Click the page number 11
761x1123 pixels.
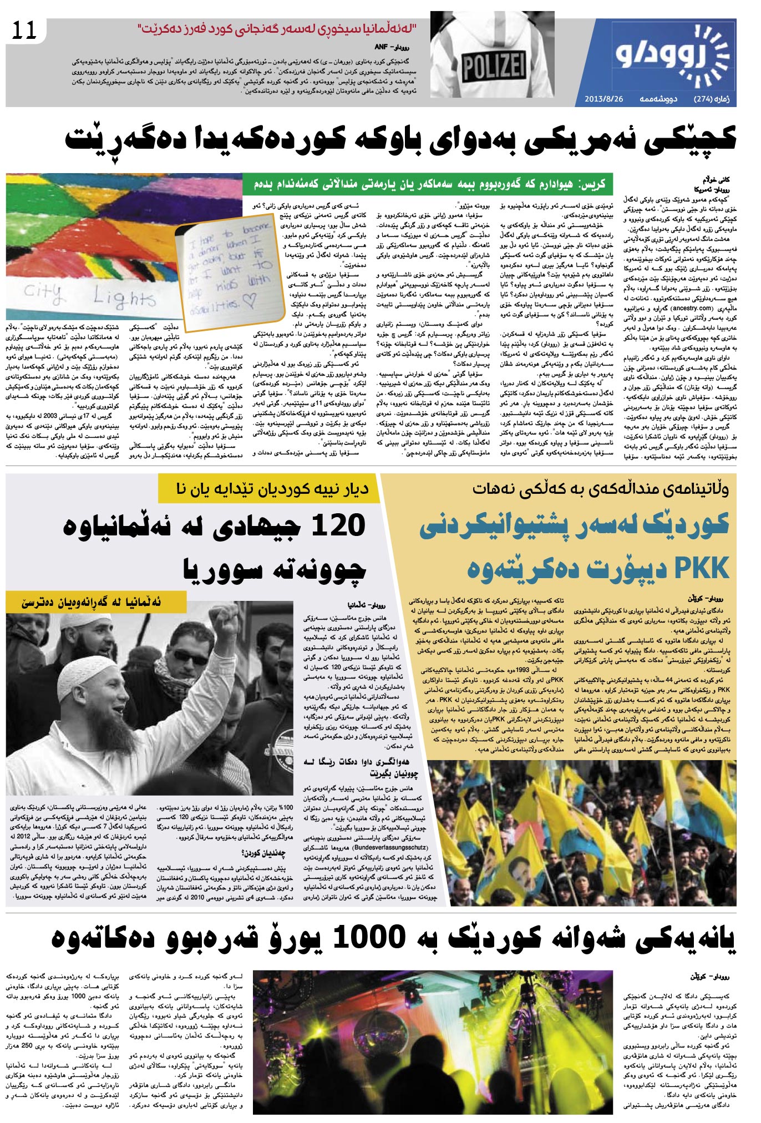pyautogui.click(x=24, y=31)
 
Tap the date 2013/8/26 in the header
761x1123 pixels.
pyautogui.click(x=604, y=99)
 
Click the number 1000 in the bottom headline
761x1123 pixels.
pyautogui.click(x=369, y=938)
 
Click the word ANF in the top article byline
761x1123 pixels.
pyautogui.click(x=382, y=48)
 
